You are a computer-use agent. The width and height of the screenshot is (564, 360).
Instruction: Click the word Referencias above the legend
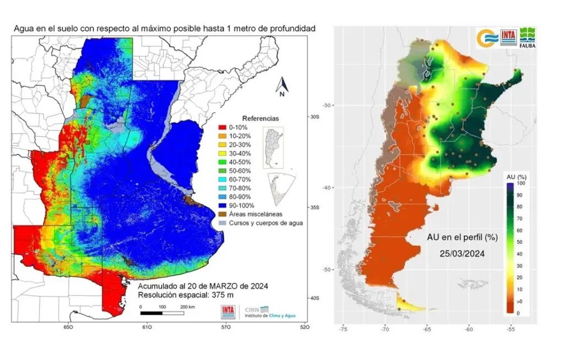tap(261, 118)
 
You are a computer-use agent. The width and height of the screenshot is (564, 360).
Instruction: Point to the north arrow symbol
tap(282, 86)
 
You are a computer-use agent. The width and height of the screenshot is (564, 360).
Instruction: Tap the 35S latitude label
tap(314, 208)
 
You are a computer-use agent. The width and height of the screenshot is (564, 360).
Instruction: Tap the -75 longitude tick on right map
tap(343, 330)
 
